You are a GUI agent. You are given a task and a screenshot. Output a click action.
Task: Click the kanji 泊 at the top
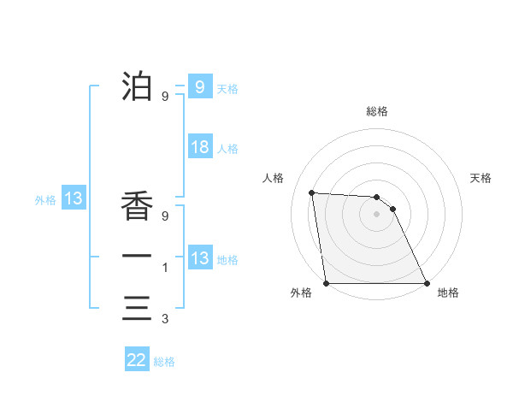point(137,86)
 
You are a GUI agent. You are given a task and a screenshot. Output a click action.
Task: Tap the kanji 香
point(137,206)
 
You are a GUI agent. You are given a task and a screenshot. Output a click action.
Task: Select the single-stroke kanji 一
point(137,256)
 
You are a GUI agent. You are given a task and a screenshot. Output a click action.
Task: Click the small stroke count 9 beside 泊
point(164,97)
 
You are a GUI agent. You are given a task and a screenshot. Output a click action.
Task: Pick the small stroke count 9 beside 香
point(164,216)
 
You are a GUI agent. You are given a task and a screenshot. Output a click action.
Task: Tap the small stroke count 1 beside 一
point(164,268)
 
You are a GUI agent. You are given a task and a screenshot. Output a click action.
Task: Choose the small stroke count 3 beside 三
point(164,319)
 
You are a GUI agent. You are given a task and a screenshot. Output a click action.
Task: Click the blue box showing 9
point(199,87)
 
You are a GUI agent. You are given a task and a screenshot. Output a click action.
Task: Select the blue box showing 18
point(199,147)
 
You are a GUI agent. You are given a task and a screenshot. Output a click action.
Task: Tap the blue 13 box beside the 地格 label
point(199,258)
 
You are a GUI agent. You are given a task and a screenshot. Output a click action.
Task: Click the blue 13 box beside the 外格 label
point(74,199)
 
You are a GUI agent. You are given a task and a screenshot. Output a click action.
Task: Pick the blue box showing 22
point(137,360)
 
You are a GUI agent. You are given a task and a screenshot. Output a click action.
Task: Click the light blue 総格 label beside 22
point(164,362)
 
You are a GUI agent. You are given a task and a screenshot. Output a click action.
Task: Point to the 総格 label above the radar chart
point(377,112)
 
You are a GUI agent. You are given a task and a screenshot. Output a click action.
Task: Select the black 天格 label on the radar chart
point(481,178)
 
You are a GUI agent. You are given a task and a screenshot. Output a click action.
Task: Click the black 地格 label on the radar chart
point(448,293)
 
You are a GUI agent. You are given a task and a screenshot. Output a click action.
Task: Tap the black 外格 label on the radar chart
point(301,293)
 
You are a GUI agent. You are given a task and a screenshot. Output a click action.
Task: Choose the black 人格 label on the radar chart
point(273,178)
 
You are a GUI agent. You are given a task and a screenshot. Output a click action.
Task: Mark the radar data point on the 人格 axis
point(312,192)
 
